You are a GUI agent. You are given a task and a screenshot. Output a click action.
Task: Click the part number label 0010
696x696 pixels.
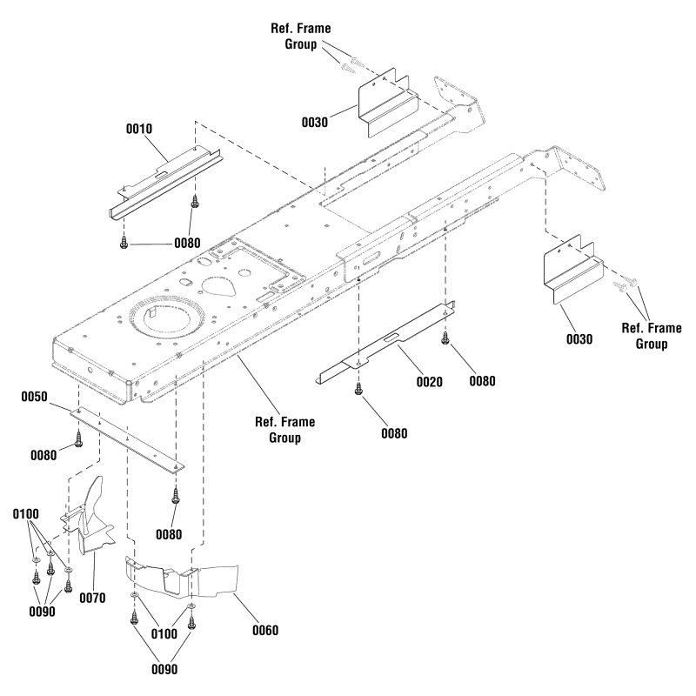(139, 129)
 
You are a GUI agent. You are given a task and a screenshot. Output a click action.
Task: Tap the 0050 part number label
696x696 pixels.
(35, 397)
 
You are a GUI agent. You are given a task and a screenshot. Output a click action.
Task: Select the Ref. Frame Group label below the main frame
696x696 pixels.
(284, 430)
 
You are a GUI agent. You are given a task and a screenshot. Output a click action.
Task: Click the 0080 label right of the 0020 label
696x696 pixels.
(487, 380)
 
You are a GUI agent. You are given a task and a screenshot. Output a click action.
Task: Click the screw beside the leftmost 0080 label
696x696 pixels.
(80, 439)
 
